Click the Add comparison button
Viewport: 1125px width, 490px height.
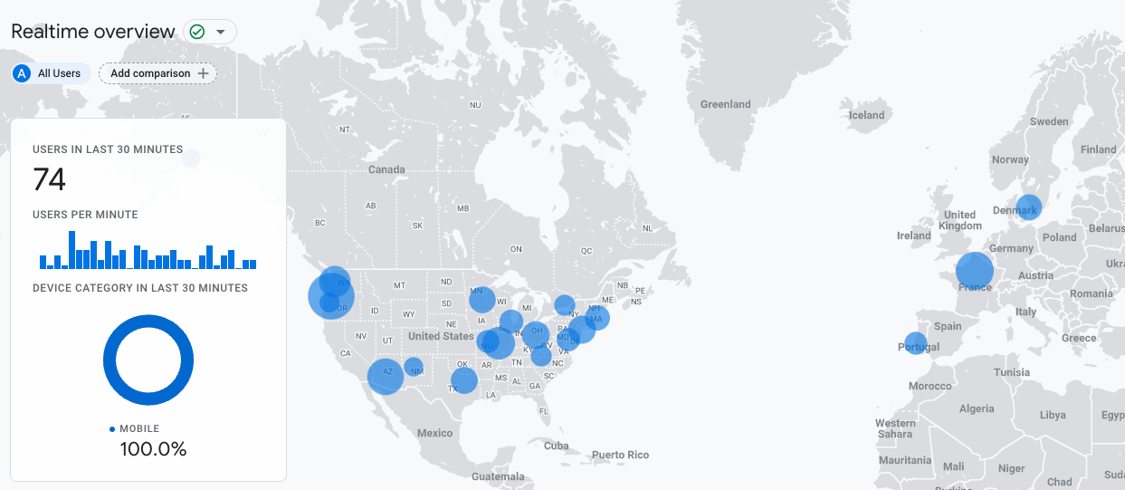[157, 73]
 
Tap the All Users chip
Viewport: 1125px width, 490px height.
[51, 73]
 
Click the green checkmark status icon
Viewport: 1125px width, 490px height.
[197, 32]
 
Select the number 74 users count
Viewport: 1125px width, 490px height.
[50, 180]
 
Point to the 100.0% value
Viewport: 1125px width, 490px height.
[153, 448]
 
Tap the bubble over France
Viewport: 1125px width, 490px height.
[975, 270]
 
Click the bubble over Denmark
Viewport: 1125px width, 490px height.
[1028, 207]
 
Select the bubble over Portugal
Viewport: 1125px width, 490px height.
[916, 343]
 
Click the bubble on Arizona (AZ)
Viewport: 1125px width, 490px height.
[386, 376]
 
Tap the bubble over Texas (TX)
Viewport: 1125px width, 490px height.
[464, 380]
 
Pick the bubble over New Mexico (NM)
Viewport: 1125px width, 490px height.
[414, 367]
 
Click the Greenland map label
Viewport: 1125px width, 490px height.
[725, 104]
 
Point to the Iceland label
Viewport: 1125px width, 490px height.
[866, 115]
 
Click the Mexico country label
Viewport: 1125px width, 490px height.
[434, 433]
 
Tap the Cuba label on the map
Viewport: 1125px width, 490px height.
[556, 446]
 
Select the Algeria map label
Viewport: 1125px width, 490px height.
[976, 408]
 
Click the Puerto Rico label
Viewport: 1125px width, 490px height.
[620, 455]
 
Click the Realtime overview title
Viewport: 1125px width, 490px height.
[93, 32]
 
